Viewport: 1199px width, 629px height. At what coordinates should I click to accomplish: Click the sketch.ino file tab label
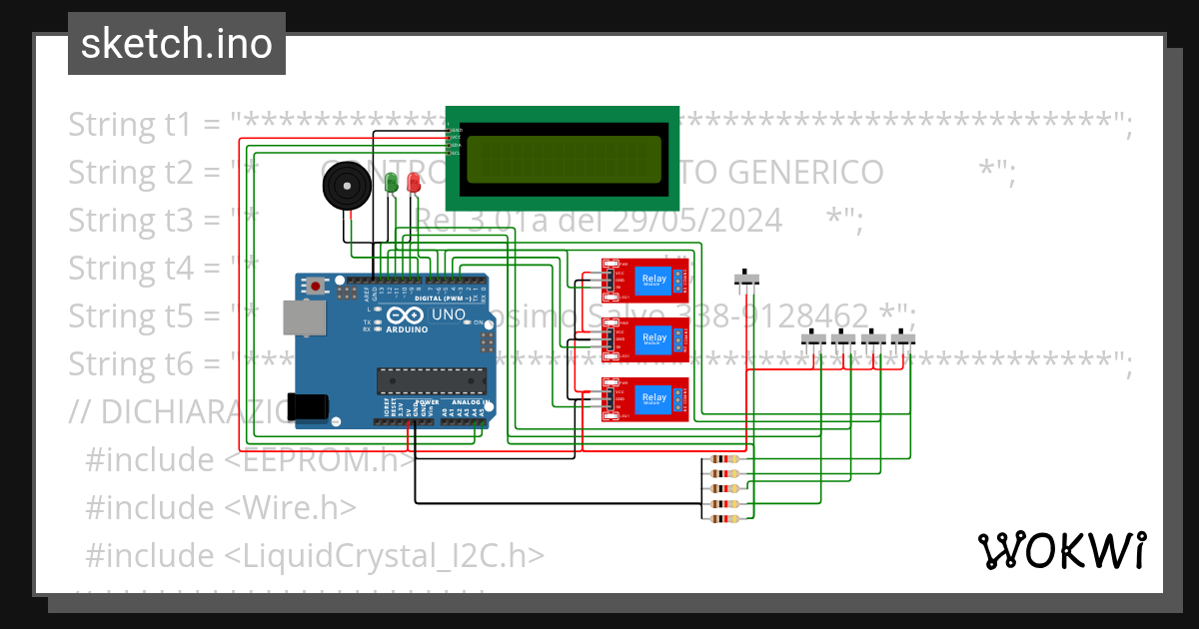176,44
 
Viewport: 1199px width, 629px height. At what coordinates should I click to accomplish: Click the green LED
392,182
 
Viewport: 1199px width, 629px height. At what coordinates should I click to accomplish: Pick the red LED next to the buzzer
414,182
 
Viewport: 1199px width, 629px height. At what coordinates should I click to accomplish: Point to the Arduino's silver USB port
303,317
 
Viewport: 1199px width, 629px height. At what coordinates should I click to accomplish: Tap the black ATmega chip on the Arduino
431,380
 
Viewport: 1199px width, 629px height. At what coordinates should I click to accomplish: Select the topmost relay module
644,281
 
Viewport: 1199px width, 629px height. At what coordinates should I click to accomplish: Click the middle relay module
644,339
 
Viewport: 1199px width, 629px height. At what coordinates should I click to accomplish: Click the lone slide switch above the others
747,279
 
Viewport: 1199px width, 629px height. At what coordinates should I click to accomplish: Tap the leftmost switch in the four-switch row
815,340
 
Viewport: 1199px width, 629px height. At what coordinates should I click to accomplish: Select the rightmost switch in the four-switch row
903,340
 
